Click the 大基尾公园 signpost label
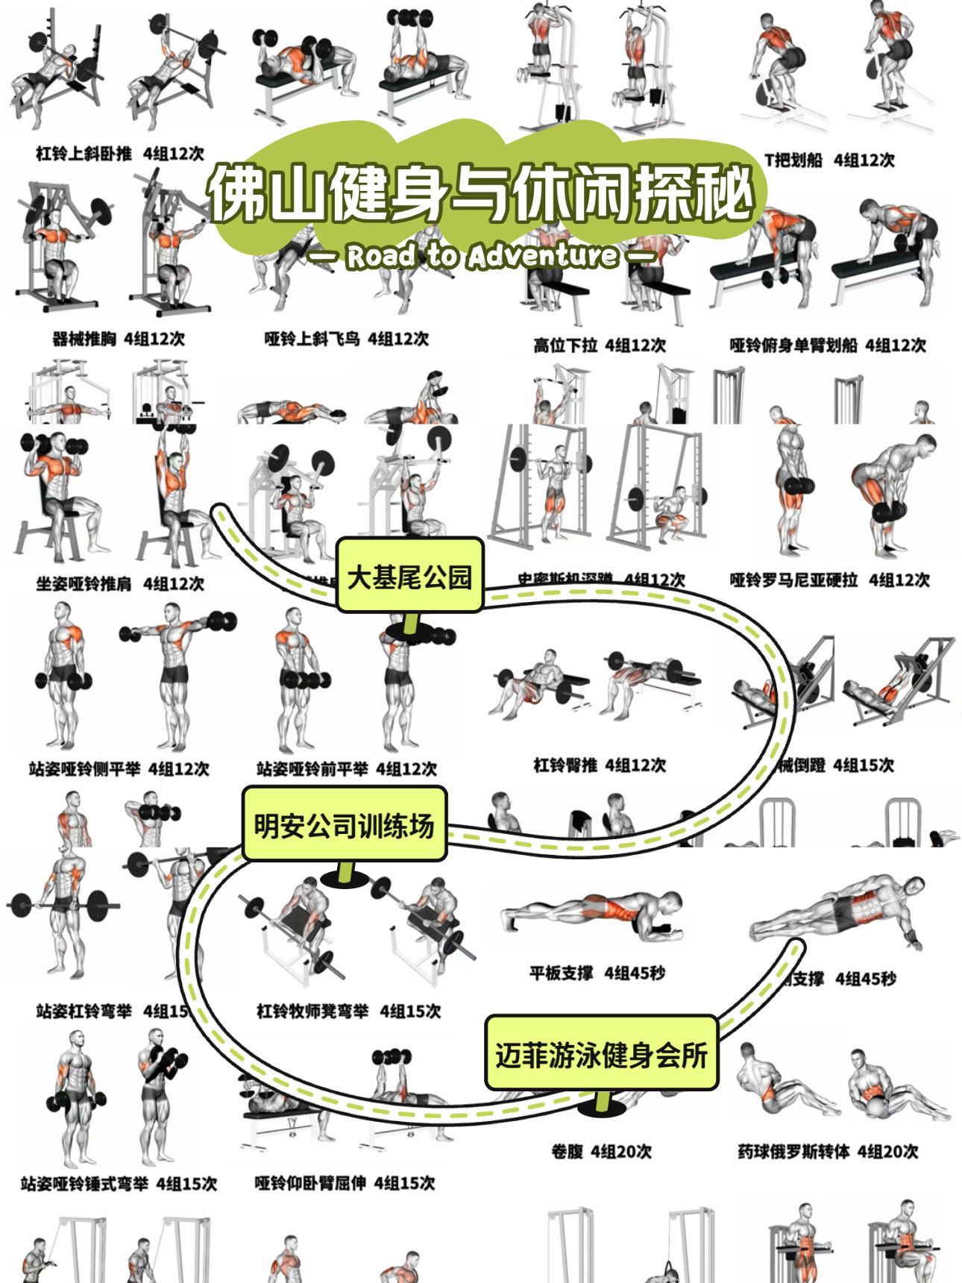(x=409, y=577)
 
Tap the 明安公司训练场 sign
(x=344, y=825)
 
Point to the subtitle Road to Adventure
(x=482, y=256)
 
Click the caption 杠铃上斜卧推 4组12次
(x=119, y=154)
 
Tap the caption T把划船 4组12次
(x=829, y=160)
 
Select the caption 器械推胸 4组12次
(x=119, y=339)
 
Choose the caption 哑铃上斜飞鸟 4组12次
(x=347, y=339)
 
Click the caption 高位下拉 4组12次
(x=599, y=345)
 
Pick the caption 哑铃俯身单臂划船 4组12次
(x=827, y=345)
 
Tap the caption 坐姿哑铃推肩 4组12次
(x=119, y=583)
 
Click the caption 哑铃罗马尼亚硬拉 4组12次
(x=829, y=580)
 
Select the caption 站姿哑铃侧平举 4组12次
(x=119, y=768)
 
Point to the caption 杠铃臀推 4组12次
(x=599, y=765)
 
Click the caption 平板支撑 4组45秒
(x=597, y=973)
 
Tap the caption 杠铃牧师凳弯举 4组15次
(x=348, y=1011)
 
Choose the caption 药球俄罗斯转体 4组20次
(x=828, y=1152)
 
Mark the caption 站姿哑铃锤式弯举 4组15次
(x=119, y=1184)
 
